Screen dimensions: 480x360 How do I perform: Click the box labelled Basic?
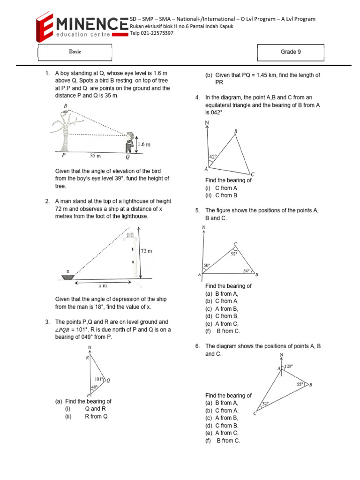(75, 52)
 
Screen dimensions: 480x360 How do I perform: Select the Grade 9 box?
(291, 52)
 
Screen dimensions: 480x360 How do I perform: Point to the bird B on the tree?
(69, 112)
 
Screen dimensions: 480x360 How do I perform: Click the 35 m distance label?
(97, 156)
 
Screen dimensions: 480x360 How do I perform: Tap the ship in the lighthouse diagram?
(69, 276)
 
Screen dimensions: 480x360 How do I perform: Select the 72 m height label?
(147, 251)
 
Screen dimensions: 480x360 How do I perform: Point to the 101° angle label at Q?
(99, 379)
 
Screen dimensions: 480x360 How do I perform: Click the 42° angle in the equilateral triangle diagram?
(212, 157)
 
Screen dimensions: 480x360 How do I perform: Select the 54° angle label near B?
(247, 271)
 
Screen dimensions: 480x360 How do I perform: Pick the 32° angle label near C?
(265, 403)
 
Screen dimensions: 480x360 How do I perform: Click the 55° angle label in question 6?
(301, 384)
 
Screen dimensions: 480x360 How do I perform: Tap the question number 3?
(47, 322)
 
